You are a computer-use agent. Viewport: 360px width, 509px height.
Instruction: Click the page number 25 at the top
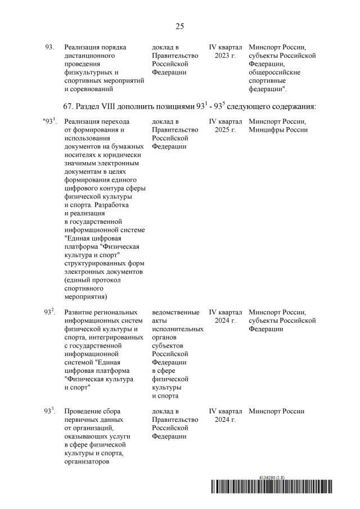180,26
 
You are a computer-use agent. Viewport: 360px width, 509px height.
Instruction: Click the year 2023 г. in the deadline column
225,56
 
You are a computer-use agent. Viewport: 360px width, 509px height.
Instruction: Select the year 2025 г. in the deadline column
225,130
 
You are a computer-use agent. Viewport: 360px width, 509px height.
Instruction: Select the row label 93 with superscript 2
49,312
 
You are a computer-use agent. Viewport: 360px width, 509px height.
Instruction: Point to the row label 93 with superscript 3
49,411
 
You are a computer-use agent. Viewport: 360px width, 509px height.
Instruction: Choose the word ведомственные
175,312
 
